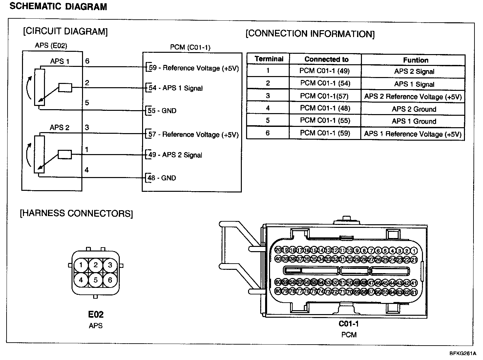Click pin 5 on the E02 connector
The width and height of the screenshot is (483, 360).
95,280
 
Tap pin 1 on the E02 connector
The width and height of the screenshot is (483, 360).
81,265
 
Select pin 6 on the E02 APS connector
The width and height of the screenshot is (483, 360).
110,280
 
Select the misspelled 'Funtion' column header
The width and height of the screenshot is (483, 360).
415,60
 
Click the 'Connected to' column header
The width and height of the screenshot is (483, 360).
326,59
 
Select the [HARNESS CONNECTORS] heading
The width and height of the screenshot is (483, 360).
76,213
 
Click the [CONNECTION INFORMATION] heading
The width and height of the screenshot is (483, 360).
310,34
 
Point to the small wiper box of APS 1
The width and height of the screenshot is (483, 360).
65,88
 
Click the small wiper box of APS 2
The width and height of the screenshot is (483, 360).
65,154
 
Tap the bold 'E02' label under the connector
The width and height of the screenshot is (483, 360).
96,315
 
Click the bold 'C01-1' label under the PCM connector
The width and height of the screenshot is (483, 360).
349,324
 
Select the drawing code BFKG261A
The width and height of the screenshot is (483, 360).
463,354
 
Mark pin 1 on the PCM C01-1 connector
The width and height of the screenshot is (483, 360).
414,251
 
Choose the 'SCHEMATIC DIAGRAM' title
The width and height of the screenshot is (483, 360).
58,7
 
